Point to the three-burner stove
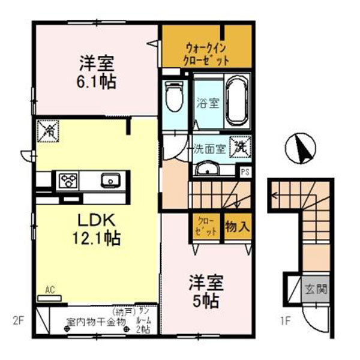[x=68, y=180]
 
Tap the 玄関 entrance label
[x=316, y=289]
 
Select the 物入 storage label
[x=236, y=227]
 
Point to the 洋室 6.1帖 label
[x=95, y=71]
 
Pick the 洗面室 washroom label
[x=208, y=149]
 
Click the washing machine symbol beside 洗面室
[x=241, y=146]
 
